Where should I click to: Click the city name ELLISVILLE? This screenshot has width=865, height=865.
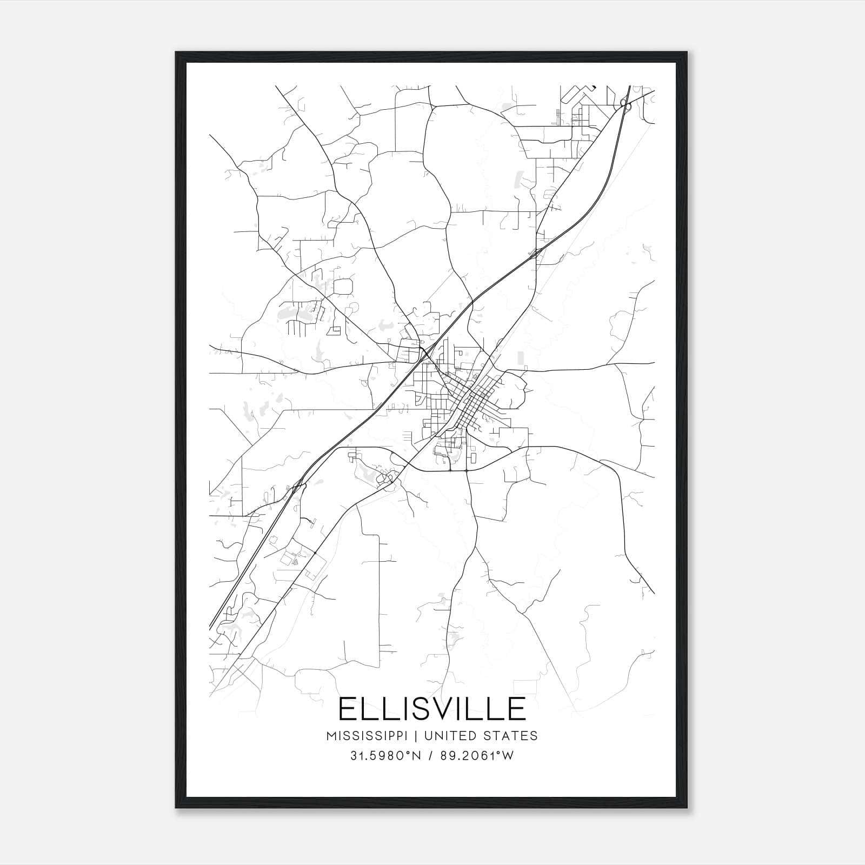pyautogui.click(x=432, y=709)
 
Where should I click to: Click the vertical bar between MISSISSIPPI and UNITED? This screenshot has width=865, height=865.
pyautogui.click(x=418, y=736)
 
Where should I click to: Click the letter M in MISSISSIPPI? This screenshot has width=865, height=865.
pyautogui.click(x=331, y=736)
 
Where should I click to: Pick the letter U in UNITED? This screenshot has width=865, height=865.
pyautogui.click(x=428, y=736)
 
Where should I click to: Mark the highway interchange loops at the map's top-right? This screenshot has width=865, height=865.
pyautogui.click(x=625, y=103)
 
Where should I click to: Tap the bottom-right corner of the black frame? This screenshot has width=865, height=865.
pyautogui.click(x=687, y=808)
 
